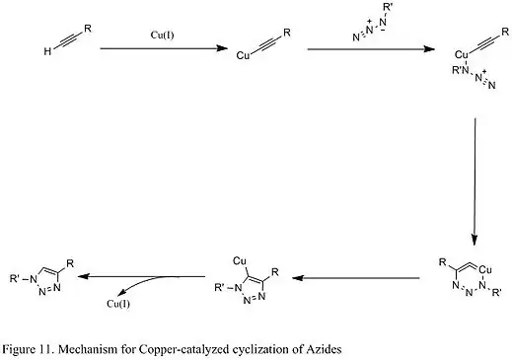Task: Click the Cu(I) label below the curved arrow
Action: coord(119,302)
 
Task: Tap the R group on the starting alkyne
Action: coord(89,29)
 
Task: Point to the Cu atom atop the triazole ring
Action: coord(238,259)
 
